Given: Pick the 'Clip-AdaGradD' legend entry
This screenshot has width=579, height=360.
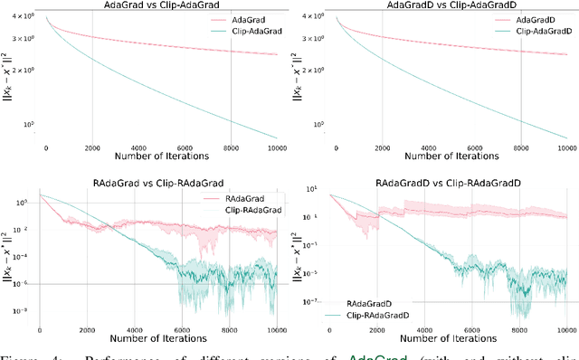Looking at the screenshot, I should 536,31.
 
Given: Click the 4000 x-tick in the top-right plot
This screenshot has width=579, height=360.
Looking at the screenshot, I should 428,147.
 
